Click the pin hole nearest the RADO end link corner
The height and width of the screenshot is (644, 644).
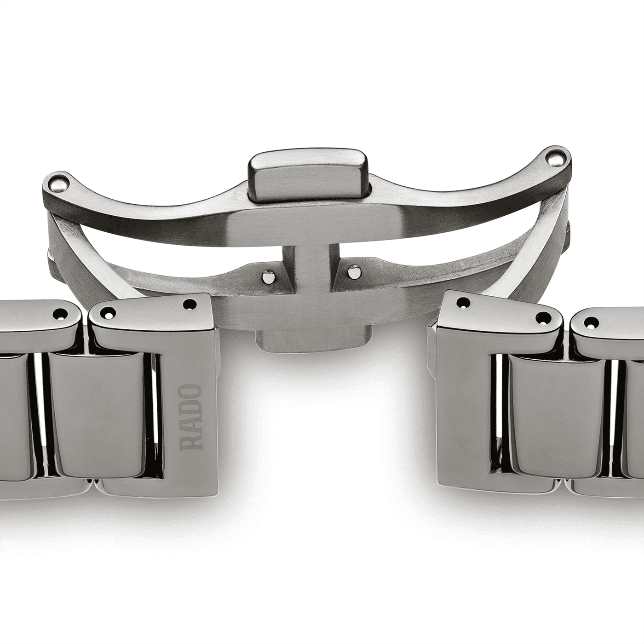(x=189, y=304)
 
